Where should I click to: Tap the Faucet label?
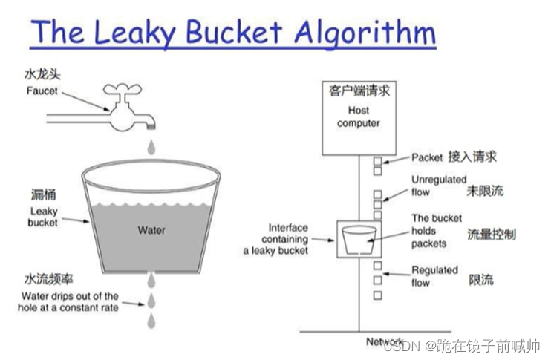pyautogui.click(x=42, y=91)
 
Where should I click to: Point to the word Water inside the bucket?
pyautogui.click(x=151, y=229)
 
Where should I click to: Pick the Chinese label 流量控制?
pyautogui.click(x=491, y=235)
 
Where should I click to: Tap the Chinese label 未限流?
pyautogui.click(x=485, y=192)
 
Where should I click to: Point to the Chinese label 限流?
pyautogui.click(x=480, y=280)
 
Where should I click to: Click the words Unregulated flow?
pyautogui.click(x=439, y=186)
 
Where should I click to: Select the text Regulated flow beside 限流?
pyautogui.click(x=434, y=276)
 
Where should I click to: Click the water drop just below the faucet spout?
pyautogui.click(x=151, y=148)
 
